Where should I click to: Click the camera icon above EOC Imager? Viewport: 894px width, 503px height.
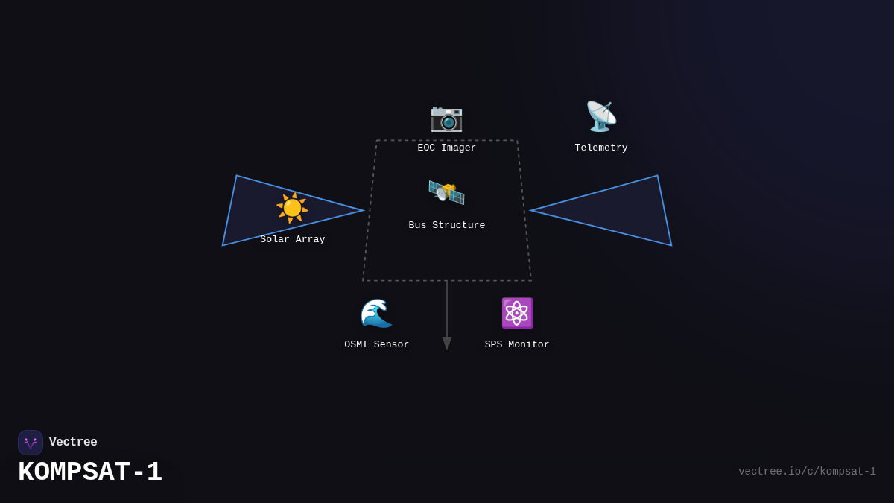[446, 118]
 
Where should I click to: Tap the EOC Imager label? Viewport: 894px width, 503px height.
[446, 148]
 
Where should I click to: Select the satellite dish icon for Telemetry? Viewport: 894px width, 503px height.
[600, 116]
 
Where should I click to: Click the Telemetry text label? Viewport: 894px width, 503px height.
[600, 148]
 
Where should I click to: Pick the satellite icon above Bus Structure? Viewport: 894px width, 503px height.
[446, 193]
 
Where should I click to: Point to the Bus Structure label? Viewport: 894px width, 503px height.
[446, 226]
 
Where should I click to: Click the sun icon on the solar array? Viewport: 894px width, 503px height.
[292, 208]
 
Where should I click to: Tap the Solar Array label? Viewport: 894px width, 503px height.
[292, 240]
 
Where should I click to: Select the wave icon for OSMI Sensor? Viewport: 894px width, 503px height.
[376, 313]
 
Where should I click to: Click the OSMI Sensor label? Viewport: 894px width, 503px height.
[376, 345]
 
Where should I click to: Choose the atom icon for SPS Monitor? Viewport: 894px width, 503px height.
[517, 313]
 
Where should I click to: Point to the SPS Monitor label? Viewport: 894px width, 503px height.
[517, 345]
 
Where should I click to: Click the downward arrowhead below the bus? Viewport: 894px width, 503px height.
[447, 344]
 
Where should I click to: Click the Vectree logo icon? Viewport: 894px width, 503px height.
[31, 443]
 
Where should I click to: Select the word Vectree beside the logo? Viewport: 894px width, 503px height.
[73, 443]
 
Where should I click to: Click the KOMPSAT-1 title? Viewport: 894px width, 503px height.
[90, 472]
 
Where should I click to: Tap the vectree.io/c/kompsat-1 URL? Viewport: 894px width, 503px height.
[807, 472]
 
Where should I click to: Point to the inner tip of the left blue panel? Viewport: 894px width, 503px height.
[361, 210]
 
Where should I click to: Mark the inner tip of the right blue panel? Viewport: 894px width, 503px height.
[533, 210]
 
